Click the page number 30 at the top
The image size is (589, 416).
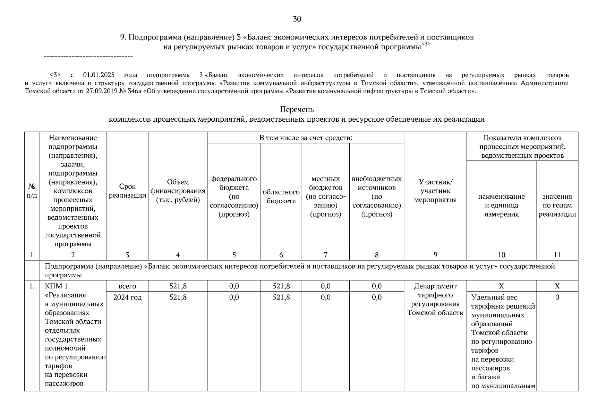297,19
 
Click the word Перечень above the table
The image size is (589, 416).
297,110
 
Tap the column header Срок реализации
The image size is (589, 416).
127,191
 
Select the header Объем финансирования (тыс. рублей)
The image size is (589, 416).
178,191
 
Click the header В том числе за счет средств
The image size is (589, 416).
306,138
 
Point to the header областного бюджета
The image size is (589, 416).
281,197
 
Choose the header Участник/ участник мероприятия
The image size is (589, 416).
435,191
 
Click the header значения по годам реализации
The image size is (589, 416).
557,205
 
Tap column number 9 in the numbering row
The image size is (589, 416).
435,255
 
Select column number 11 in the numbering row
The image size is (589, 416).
557,255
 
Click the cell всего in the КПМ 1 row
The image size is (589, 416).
127,286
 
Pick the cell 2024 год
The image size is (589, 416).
127,297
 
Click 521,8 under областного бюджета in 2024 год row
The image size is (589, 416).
281,297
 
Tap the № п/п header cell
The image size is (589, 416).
32,191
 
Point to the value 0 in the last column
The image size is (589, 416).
557,297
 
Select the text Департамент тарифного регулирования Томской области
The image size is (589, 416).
435,300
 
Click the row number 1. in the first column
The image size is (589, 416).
32,286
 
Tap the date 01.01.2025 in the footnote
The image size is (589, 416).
99,75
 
